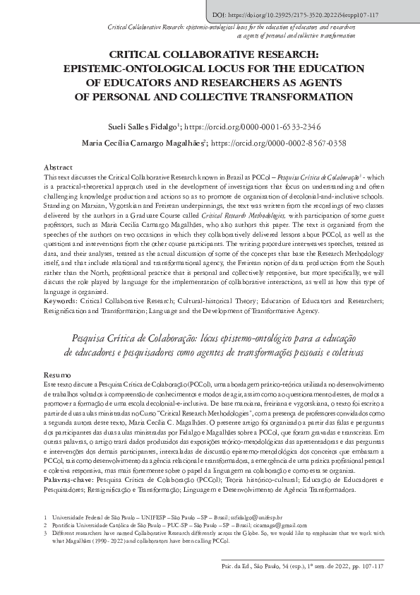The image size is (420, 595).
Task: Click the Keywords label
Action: pyautogui.click(x=61, y=301)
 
